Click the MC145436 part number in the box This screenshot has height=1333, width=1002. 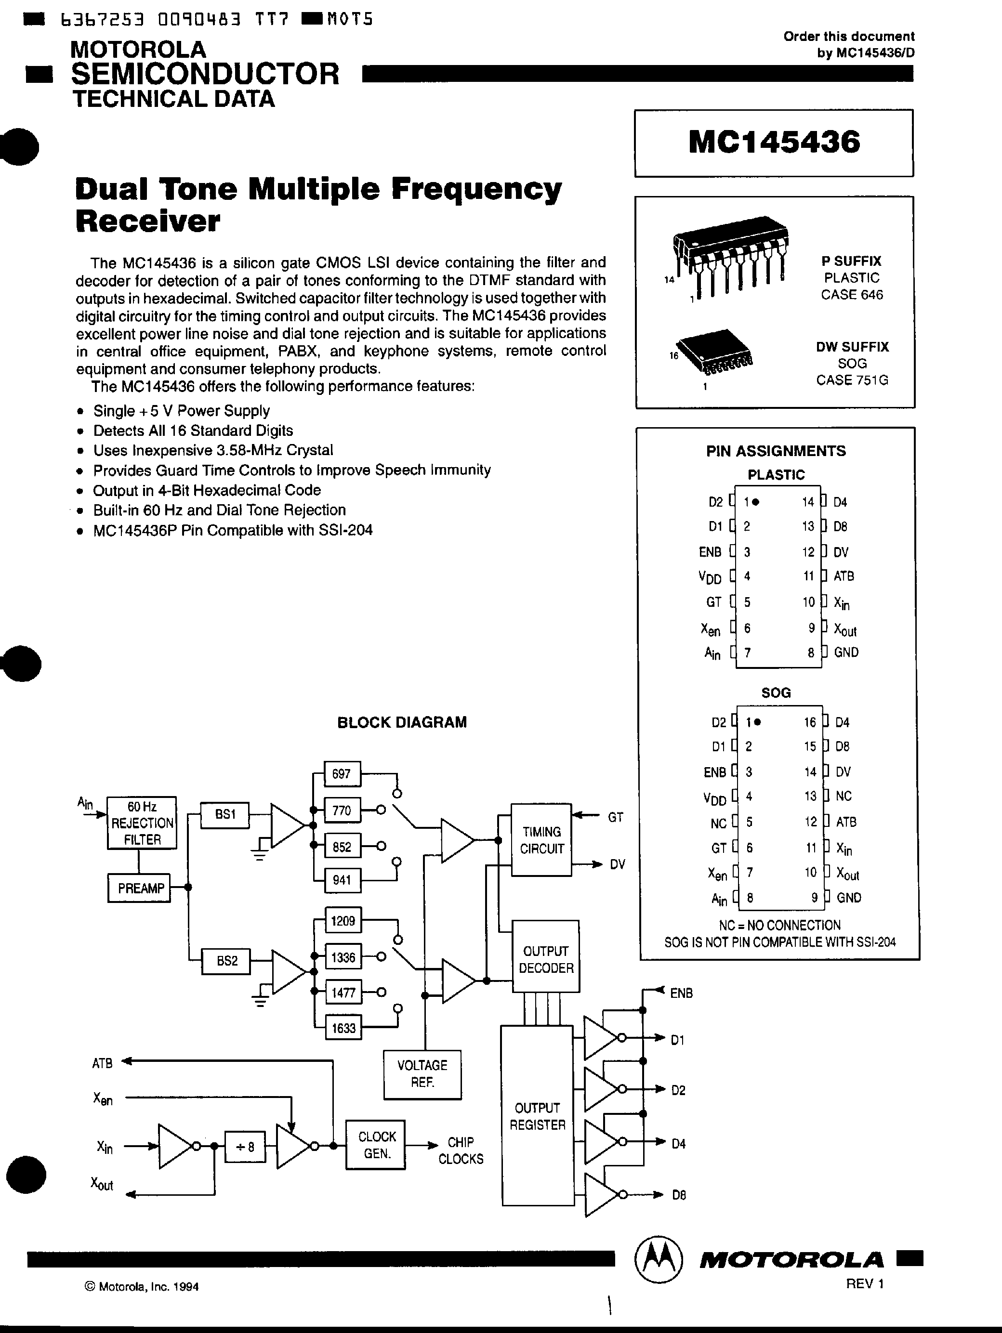pyautogui.click(x=774, y=142)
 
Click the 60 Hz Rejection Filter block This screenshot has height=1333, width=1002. pyautogui.click(x=142, y=823)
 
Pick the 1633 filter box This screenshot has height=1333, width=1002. pyautogui.click(x=343, y=1028)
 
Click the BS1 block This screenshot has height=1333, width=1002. pyautogui.click(x=224, y=814)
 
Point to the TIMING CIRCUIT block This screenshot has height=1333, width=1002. pyautogui.click(x=541, y=839)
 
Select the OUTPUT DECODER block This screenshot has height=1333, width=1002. pyautogui.click(x=546, y=959)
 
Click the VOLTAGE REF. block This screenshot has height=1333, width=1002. pyautogui.click(x=422, y=1073)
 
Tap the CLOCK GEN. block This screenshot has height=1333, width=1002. pyautogui.click(x=376, y=1144)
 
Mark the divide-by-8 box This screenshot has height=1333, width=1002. pyautogui.click(x=245, y=1146)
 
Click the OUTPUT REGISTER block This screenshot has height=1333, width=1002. pyautogui.click(x=537, y=1115)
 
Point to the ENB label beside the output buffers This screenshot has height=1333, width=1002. pyautogui.click(x=681, y=993)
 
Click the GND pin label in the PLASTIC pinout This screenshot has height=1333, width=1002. pyautogui.click(x=846, y=652)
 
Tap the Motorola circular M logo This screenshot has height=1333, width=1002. pyautogui.click(x=659, y=1259)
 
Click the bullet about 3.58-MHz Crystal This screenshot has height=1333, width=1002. pyautogui.click(x=213, y=450)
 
